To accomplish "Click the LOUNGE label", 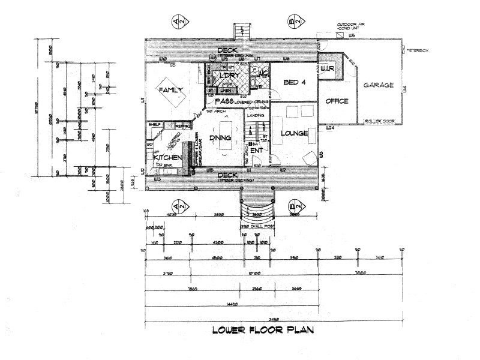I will (293, 133).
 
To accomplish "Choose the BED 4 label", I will (295, 83).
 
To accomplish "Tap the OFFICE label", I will (337, 101).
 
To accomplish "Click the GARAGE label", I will (379, 85).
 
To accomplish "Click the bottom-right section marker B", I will (295, 208).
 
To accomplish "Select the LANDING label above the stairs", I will (256, 115).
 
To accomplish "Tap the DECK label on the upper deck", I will (227, 50).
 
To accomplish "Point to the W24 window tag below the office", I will (329, 128).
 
